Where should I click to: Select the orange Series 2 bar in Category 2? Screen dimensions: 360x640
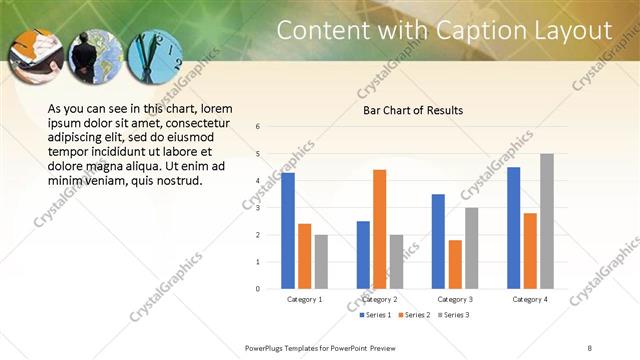379,229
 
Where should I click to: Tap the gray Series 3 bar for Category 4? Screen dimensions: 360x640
546,221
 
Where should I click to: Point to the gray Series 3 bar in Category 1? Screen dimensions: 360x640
320,262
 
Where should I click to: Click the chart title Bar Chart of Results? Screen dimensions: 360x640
413,110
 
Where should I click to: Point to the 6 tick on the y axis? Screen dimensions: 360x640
258,127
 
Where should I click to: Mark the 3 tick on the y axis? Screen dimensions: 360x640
258,208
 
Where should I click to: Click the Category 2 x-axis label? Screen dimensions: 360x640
379,299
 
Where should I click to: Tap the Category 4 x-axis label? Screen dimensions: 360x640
530,299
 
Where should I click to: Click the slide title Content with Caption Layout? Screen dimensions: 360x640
443,30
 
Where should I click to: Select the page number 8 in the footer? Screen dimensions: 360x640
590,347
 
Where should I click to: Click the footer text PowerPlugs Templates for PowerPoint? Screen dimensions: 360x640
320,347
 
